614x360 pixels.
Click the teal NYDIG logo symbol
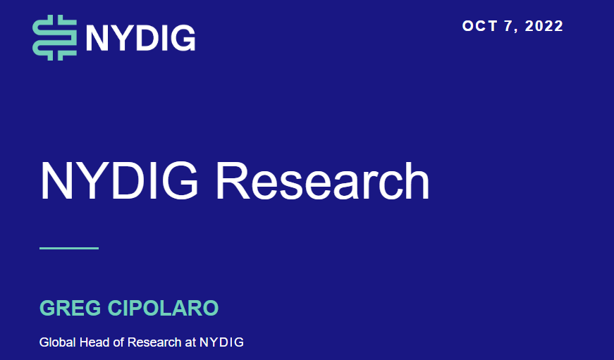point(54,37)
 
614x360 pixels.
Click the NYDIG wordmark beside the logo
point(140,38)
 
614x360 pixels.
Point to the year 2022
point(544,26)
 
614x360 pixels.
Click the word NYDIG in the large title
point(119,181)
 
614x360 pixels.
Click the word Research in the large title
point(322,181)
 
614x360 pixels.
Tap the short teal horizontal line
point(69,248)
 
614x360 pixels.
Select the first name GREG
point(70,308)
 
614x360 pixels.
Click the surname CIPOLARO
point(163,308)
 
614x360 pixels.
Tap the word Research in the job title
point(154,342)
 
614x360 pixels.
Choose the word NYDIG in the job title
point(221,342)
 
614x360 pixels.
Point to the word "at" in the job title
point(190,343)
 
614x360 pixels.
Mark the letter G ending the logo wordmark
point(183,38)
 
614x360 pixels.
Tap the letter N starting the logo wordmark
point(97,38)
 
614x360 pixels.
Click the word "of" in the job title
point(118,342)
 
